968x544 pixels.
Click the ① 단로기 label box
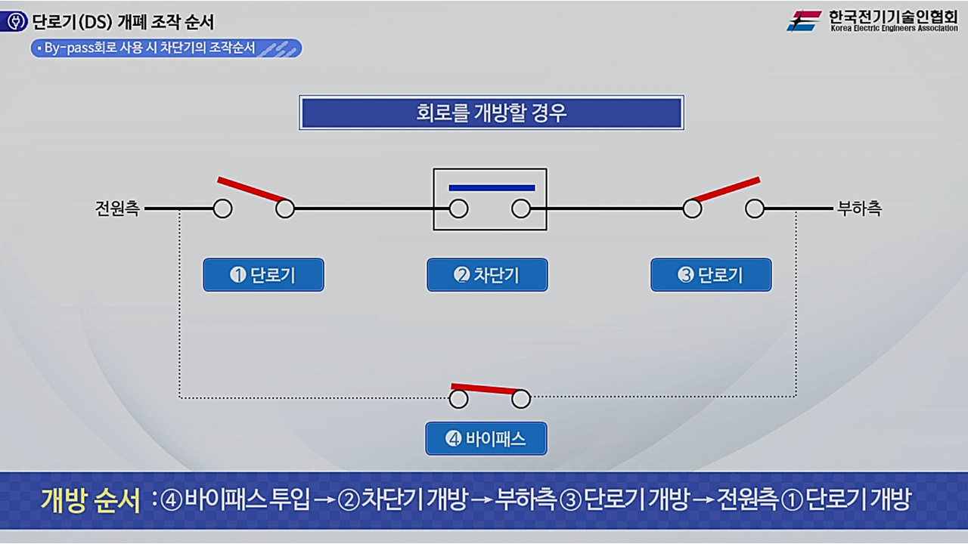click(x=263, y=275)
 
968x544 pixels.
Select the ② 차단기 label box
click(x=487, y=275)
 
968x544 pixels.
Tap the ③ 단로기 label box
click(x=711, y=275)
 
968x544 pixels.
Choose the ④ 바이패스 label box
click(x=486, y=438)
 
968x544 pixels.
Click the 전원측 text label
click(x=117, y=209)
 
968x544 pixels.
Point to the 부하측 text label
click(x=859, y=209)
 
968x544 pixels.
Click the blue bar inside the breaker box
click(x=492, y=187)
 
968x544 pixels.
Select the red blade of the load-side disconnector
click(x=726, y=189)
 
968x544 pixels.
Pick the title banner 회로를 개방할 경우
click(x=492, y=113)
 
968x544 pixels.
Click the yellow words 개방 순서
click(x=91, y=499)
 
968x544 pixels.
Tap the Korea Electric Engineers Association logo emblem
click(x=803, y=20)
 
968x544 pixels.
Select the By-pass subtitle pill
click(x=166, y=48)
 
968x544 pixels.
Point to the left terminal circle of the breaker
click(x=458, y=209)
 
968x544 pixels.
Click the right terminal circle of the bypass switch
click(x=521, y=399)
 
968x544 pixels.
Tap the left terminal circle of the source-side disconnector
click(x=222, y=209)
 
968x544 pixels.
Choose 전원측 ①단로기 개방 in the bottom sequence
click(x=813, y=500)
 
